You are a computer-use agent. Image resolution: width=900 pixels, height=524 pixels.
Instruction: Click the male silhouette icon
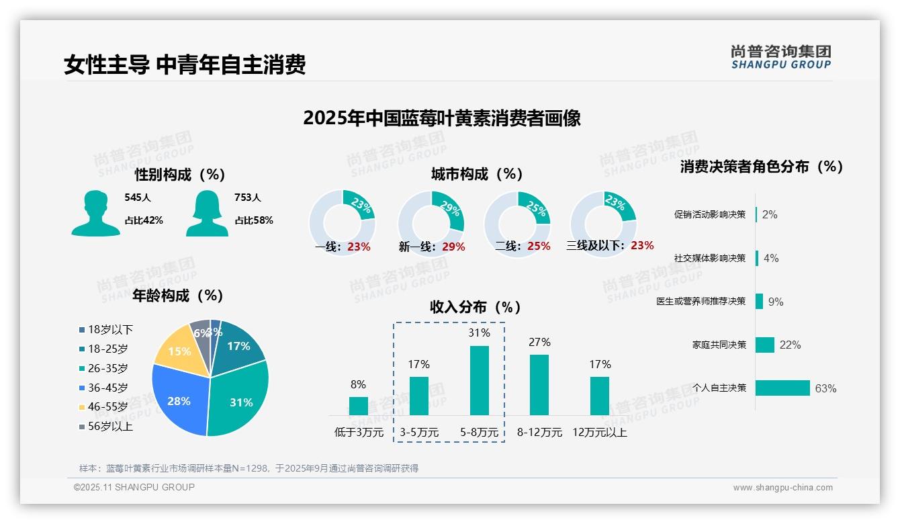point(95,213)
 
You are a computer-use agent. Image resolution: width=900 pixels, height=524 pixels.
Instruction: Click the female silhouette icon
point(206,213)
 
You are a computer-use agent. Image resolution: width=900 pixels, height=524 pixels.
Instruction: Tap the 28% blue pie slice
point(178,400)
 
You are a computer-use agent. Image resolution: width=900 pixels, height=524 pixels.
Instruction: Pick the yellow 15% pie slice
point(178,349)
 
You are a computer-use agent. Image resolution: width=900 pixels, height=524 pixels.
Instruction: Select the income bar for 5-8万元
point(479,380)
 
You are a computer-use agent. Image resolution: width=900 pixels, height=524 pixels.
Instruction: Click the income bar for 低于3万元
point(359,406)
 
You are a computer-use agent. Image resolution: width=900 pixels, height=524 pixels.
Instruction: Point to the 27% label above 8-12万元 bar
point(539,342)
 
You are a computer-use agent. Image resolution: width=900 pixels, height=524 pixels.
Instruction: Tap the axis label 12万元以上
point(600,433)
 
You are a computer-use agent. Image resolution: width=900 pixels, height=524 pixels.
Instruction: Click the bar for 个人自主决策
point(782,388)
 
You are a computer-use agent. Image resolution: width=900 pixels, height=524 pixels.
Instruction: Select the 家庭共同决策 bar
point(765,345)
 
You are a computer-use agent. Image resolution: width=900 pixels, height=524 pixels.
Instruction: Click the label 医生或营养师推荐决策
point(701,302)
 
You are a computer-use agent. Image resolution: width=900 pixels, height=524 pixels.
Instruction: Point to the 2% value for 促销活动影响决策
point(770,214)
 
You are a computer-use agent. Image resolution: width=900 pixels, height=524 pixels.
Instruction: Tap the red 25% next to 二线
point(539,247)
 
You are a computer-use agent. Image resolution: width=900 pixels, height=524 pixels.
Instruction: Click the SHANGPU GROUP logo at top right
point(781,57)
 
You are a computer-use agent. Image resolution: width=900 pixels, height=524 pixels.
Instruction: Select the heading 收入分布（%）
point(476,308)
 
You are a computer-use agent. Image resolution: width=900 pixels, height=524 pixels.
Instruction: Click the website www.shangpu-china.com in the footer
point(782,488)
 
